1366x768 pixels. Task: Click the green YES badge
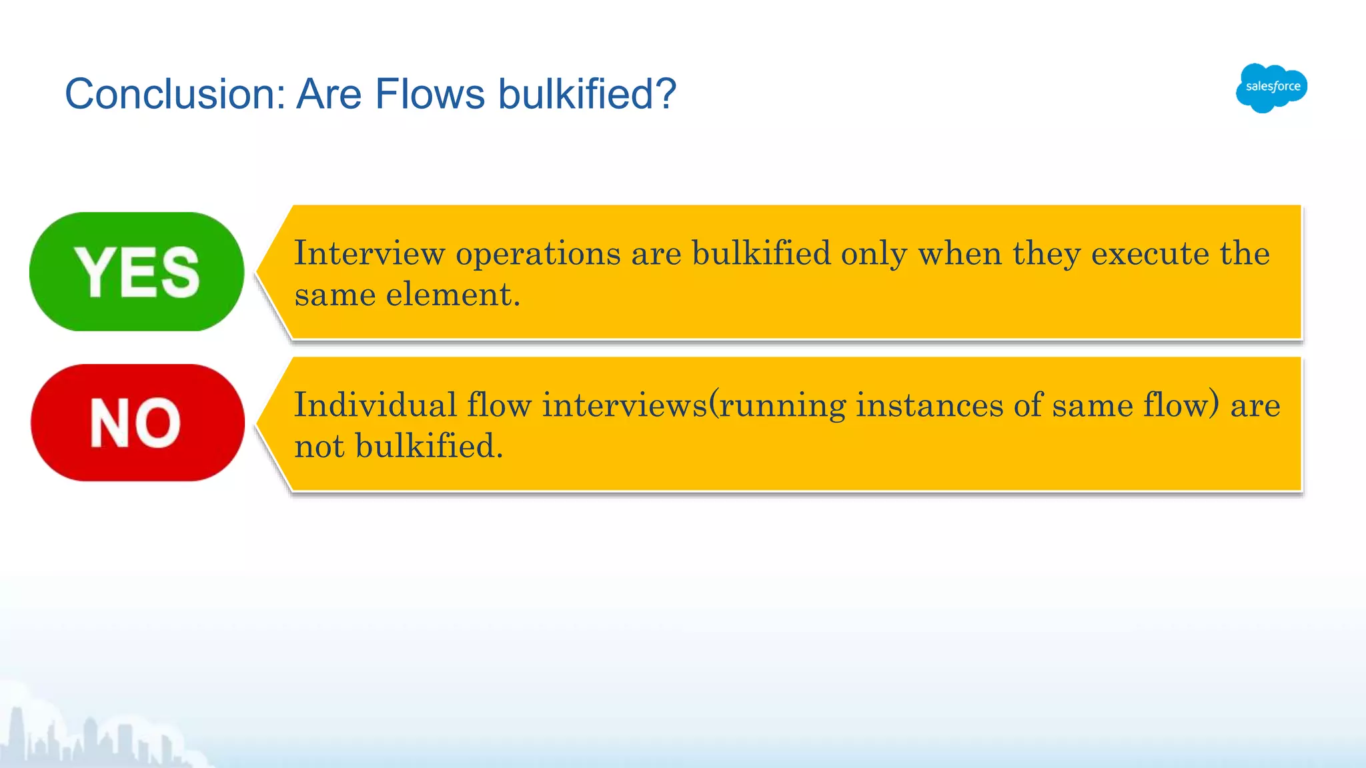pos(137,271)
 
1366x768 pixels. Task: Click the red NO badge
pos(137,423)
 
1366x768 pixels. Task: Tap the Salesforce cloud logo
pos(1271,87)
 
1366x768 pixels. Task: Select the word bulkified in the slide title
pos(587,93)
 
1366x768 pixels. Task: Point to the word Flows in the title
pos(430,93)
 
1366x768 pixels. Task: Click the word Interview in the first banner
pos(370,253)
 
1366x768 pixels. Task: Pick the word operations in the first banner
pos(538,253)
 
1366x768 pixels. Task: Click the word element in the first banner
pos(453,294)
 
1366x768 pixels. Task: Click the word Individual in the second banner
pos(376,405)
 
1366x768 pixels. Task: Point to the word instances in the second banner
pos(929,405)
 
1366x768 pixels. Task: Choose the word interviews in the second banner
pos(625,405)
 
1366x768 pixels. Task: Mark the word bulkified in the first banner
pos(761,253)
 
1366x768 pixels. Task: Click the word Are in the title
pos(329,93)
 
